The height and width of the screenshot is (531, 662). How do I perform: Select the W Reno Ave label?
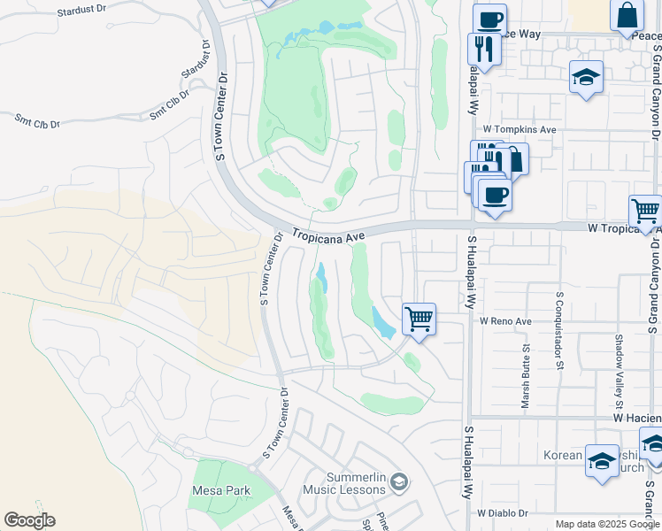coord(505,320)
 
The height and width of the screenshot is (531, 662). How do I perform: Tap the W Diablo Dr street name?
coord(502,512)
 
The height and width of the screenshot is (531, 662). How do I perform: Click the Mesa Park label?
coord(221,490)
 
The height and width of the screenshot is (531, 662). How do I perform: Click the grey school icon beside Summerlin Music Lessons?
coord(399,482)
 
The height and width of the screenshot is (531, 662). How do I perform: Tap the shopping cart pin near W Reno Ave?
coord(419,319)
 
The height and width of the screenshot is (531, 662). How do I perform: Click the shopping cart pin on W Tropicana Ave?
coord(645,212)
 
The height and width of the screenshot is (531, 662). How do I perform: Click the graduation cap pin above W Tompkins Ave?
coord(586,77)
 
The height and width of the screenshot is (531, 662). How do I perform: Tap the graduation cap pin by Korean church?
coord(602,460)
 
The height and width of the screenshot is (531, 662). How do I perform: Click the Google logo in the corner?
coord(29,520)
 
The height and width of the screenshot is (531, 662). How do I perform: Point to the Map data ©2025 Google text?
coord(606,524)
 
